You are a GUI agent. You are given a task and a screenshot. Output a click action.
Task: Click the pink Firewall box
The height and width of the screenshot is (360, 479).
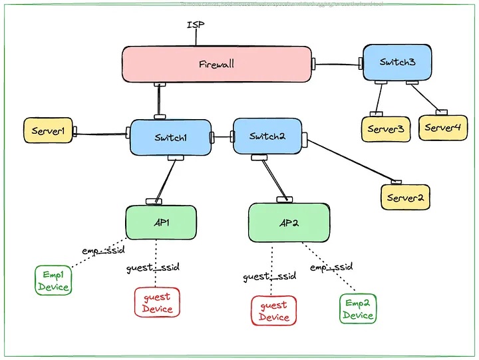pos(217,65)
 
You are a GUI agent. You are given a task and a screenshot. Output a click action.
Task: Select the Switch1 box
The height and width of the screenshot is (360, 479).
pos(170,137)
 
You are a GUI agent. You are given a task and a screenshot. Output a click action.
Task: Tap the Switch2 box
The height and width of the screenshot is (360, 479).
pos(267,136)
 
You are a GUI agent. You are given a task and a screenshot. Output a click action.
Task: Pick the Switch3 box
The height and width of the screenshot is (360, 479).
pos(397,63)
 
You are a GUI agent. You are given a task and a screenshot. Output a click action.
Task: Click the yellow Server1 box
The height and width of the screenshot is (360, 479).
pos(48,131)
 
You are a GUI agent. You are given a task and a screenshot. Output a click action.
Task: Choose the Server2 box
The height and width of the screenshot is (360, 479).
pos(405,198)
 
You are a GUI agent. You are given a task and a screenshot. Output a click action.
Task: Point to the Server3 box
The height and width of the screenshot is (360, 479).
pos(386,128)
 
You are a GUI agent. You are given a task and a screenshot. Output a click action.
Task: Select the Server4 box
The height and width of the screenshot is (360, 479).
pos(442,128)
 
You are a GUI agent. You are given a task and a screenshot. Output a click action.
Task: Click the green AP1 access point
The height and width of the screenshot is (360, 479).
pos(161,222)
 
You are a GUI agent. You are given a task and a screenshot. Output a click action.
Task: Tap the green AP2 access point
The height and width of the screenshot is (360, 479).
pos(289,222)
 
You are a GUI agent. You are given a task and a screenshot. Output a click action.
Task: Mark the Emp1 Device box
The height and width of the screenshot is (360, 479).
pos(53,281)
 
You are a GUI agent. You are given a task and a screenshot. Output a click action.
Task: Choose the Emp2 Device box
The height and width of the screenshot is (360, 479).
pos(358,309)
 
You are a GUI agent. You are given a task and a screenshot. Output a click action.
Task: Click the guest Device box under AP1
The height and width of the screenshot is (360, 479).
pos(157,303)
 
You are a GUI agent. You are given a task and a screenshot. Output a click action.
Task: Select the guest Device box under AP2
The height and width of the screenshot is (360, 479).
pos(273,311)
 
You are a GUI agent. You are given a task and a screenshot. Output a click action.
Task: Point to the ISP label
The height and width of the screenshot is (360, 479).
pos(195,25)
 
